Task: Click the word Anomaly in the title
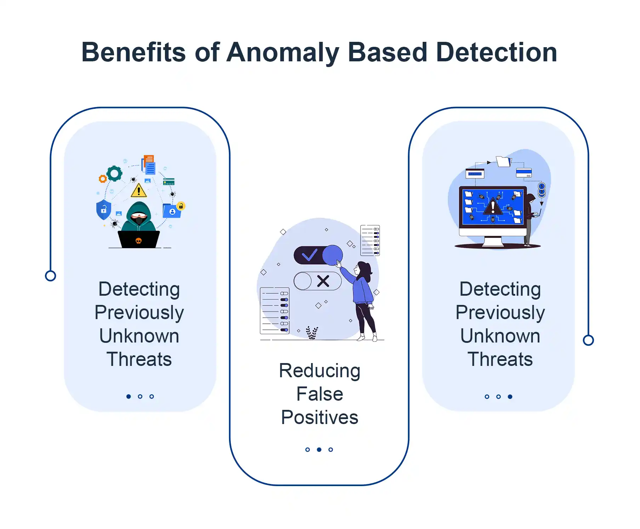tap(282, 52)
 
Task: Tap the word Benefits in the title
tap(133, 52)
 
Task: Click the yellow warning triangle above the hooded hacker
tap(139, 191)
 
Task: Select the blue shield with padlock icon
tap(104, 209)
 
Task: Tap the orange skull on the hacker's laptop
tap(139, 241)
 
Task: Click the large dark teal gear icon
tap(114, 174)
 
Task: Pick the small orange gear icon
tap(103, 179)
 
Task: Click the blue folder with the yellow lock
tap(172, 210)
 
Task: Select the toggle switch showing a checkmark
tap(318, 255)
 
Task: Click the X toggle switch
tap(318, 282)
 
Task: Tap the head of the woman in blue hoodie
tap(363, 269)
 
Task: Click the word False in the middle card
tap(320, 394)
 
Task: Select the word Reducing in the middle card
tap(320, 371)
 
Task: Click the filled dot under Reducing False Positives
tap(319, 450)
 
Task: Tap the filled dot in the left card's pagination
tap(128, 396)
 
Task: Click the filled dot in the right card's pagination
tap(510, 396)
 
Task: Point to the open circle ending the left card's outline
tap(51, 276)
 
